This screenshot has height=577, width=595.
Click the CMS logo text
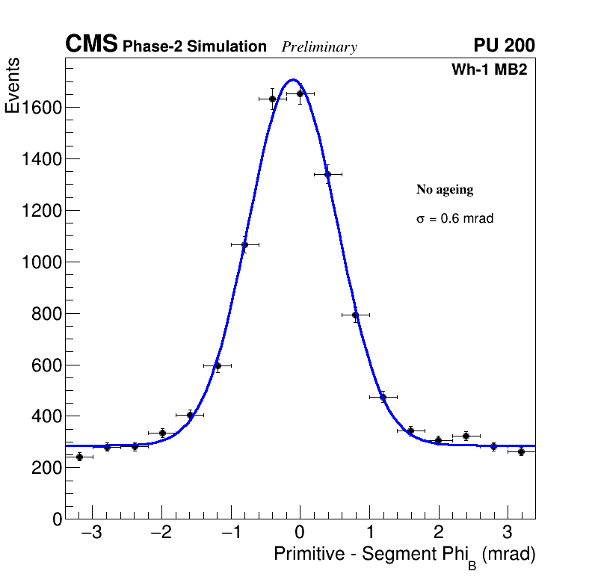[91, 45]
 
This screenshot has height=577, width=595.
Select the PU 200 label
[504, 46]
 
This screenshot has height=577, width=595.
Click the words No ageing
[445, 190]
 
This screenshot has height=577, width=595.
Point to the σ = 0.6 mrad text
[454, 219]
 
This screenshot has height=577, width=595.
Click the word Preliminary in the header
[319, 47]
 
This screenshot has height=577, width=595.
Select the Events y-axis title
[13, 86]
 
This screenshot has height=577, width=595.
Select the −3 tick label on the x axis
[91, 533]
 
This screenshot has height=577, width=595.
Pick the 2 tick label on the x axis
[438, 533]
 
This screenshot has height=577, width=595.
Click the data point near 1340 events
[327, 174]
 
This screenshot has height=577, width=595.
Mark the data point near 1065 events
[244, 244]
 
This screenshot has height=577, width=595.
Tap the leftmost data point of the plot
[79, 457]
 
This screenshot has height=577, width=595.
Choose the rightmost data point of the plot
[521, 451]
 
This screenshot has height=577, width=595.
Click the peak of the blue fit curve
[292, 79]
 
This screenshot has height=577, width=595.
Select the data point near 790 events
[355, 315]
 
